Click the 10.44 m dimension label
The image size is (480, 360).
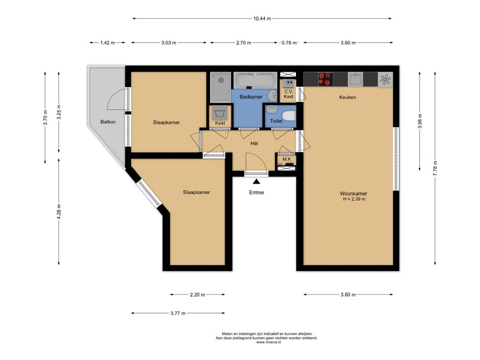pyautogui.click(x=262, y=18)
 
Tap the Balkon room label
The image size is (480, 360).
pyautogui.click(x=108, y=122)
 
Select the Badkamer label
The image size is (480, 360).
pyautogui.click(x=251, y=97)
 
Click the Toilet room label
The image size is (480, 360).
pyautogui.click(x=276, y=121)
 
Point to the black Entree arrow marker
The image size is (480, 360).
pyautogui.click(x=256, y=181)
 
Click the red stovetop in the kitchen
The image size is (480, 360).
pyautogui.click(x=325, y=79)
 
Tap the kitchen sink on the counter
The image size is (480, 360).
pyautogui.click(x=355, y=79)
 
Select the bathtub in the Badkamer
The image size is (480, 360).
pyautogui.click(x=255, y=80)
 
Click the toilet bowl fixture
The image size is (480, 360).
pyautogui.click(x=289, y=116)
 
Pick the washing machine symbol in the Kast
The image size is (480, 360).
pyautogui.click(x=220, y=113)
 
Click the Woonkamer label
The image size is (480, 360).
pyautogui.click(x=353, y=194)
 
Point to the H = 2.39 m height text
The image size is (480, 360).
pyautogui.click(x=354, y=199)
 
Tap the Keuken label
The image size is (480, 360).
pyautogui.click(x=347, y=97)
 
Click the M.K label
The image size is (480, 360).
pyautogui.click(x=287, y=159)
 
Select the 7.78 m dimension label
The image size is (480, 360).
pyautogui.click(x=435, y=168)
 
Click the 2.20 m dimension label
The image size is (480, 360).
pyautogui.click(x=197, y=295)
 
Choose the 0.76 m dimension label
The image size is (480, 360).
pyautogui.click(x=289, y=43)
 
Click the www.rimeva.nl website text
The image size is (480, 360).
pyautogui.click(x=269, y=342)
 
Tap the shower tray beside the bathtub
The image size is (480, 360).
pyautogui.click(x=220, y=87)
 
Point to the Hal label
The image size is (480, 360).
pyautogui.click(x=254, y=143)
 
